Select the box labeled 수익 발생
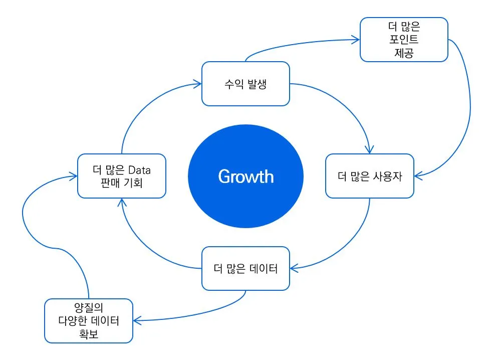click(245, 84)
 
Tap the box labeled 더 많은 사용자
click(370, 176)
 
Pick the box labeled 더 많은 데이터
click(245, 268)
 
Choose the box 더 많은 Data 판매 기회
click(122, 175)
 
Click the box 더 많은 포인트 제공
click(404, 40)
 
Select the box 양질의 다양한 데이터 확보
click(88, 321)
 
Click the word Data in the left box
click(139, 169)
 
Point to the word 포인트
click(404, 40)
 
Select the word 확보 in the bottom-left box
click(88, 333)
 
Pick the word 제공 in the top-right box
click(404, 52)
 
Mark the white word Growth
click(245, 176)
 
